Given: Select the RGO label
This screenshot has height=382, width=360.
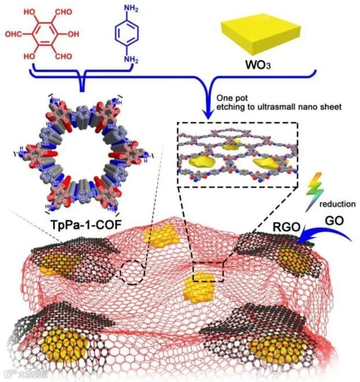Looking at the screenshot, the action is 286,227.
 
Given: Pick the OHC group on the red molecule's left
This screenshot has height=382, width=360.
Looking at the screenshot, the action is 16,34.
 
